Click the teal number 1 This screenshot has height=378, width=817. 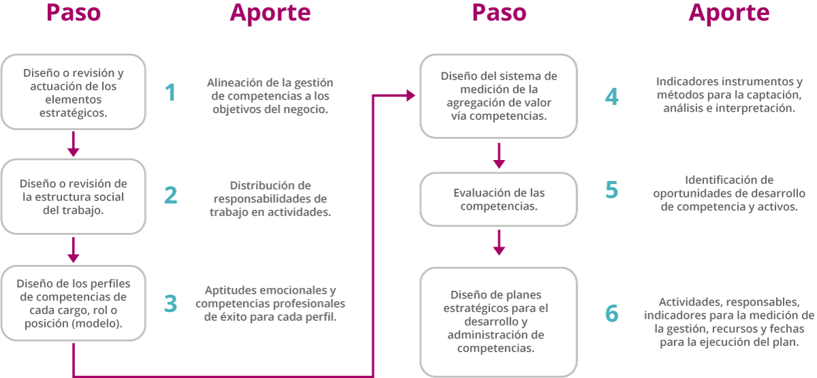[170, 93]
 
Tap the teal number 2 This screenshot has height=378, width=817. [171, 195]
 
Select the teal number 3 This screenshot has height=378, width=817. [171, 304]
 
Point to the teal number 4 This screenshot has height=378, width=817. [611, 97]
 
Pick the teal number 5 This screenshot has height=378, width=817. [611, 190]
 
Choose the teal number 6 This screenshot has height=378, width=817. [611, 313]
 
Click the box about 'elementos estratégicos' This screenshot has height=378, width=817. [74, 92]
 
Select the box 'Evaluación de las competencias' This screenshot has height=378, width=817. [498, 199]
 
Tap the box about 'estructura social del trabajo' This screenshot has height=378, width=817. [74, 196]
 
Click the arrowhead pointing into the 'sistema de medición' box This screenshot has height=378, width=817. [411, 95]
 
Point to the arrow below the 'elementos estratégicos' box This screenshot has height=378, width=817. [74, 144]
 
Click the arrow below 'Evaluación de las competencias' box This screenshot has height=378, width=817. [499, 242]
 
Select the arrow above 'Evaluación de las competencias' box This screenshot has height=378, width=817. [499, 156]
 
